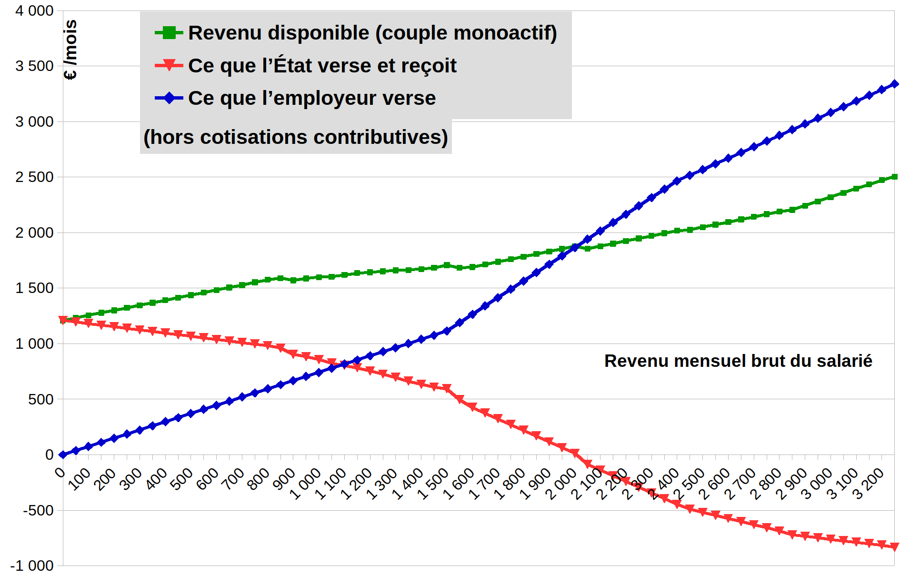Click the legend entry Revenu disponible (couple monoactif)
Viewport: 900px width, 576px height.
pyautogui.click(x=372, y=33)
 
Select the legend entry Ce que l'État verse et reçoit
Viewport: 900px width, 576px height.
pyautogui.click(x=322, y=66)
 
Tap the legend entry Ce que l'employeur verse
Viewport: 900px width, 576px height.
pyautogui.click(x=311, y=98)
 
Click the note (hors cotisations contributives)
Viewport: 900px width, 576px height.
pyautogui.click(x=296, y=137)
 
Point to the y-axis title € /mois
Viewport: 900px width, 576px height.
pyautogui.click(x=70, y=50)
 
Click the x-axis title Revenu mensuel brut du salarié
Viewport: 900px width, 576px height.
pyautogui.click(x=738, y=361)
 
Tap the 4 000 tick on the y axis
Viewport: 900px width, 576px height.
pyautogui.click(x=34, y=10)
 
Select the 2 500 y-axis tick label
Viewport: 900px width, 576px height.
pyautogui.click(x=34, y=177)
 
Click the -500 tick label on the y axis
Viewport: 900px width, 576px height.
pyautogui.click(x=38, y=510)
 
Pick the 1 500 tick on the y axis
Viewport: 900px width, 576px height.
pyautogui.click(x=34, y=288)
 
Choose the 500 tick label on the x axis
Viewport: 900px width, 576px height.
pyautogui.click(x=182, y=479)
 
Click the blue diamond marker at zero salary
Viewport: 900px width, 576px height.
pyautogui.click(x=63, y=455)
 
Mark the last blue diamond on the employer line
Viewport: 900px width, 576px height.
pyautogui.click(x=894, y=84)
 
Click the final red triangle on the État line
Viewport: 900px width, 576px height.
pyautogui.click(x=894, y=547)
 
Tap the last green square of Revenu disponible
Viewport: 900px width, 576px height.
pyautogui.click(x=894, y=177)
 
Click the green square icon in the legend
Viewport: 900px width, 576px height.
pyautogui.click(x=169, y=33)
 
